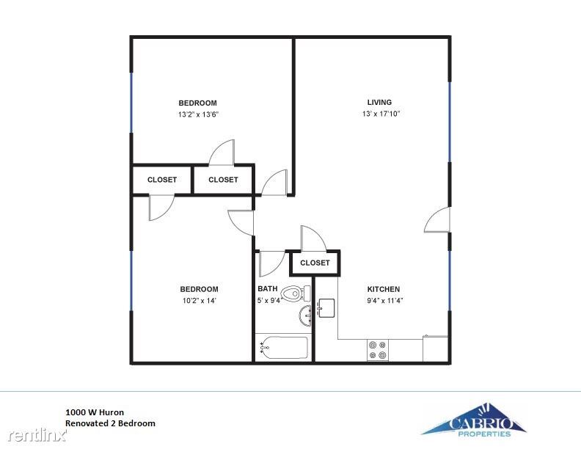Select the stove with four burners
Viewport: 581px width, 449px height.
click(378, 350)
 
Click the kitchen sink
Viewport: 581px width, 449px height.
click(326, 308)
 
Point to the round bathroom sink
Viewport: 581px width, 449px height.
click(305, 317)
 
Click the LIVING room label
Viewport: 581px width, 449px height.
click(379, 102)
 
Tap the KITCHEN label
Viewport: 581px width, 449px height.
click(384, 289)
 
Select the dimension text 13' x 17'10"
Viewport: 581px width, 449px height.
click(381, 114)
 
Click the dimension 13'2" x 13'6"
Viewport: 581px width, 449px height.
click(198, 114)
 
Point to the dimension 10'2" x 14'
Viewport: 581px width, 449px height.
click(199, 301)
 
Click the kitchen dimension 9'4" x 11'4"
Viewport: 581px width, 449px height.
click(385, 301)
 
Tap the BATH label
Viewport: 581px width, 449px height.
click(268, 288)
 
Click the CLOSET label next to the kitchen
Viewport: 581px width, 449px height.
click(315, 263)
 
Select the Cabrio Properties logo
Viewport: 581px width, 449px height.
click(474, 421)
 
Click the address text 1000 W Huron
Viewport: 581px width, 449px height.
click(95, 412)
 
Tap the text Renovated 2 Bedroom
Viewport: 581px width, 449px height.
click(111, 423)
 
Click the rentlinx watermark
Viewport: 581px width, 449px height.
click(37, 435)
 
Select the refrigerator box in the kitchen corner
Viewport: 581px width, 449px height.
click(435, 348)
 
